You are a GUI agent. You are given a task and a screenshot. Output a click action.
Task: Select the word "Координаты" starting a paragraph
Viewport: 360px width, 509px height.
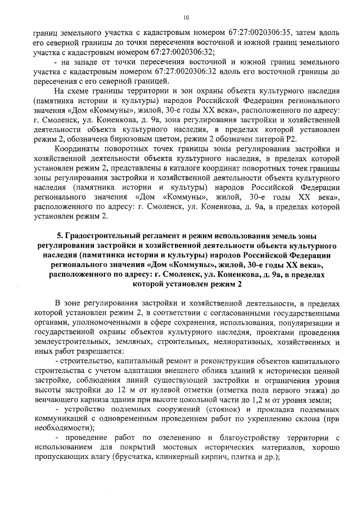point(76,149)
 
